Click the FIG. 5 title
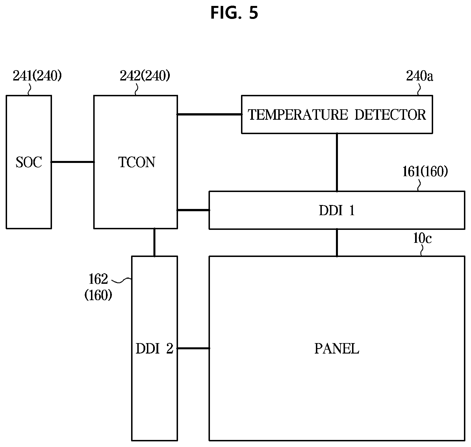point(234,13)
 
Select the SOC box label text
point(29,162)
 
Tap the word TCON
point(137,162)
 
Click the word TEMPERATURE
point(298,115)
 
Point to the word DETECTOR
point(390,115)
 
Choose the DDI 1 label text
point(337,210)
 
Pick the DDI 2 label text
point(154,349)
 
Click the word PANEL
point(337,349)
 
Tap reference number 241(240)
point(37,76)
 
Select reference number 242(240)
point(145,76)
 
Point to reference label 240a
point(419,76)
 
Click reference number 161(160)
point(425,172)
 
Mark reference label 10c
point(422,239)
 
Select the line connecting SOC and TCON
point(73,162)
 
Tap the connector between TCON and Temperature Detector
point(209,114)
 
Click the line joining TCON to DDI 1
point(193,210)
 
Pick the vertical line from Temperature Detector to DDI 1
point(337,162)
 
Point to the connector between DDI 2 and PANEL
point(193,348)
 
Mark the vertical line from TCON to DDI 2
point(154,242)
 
